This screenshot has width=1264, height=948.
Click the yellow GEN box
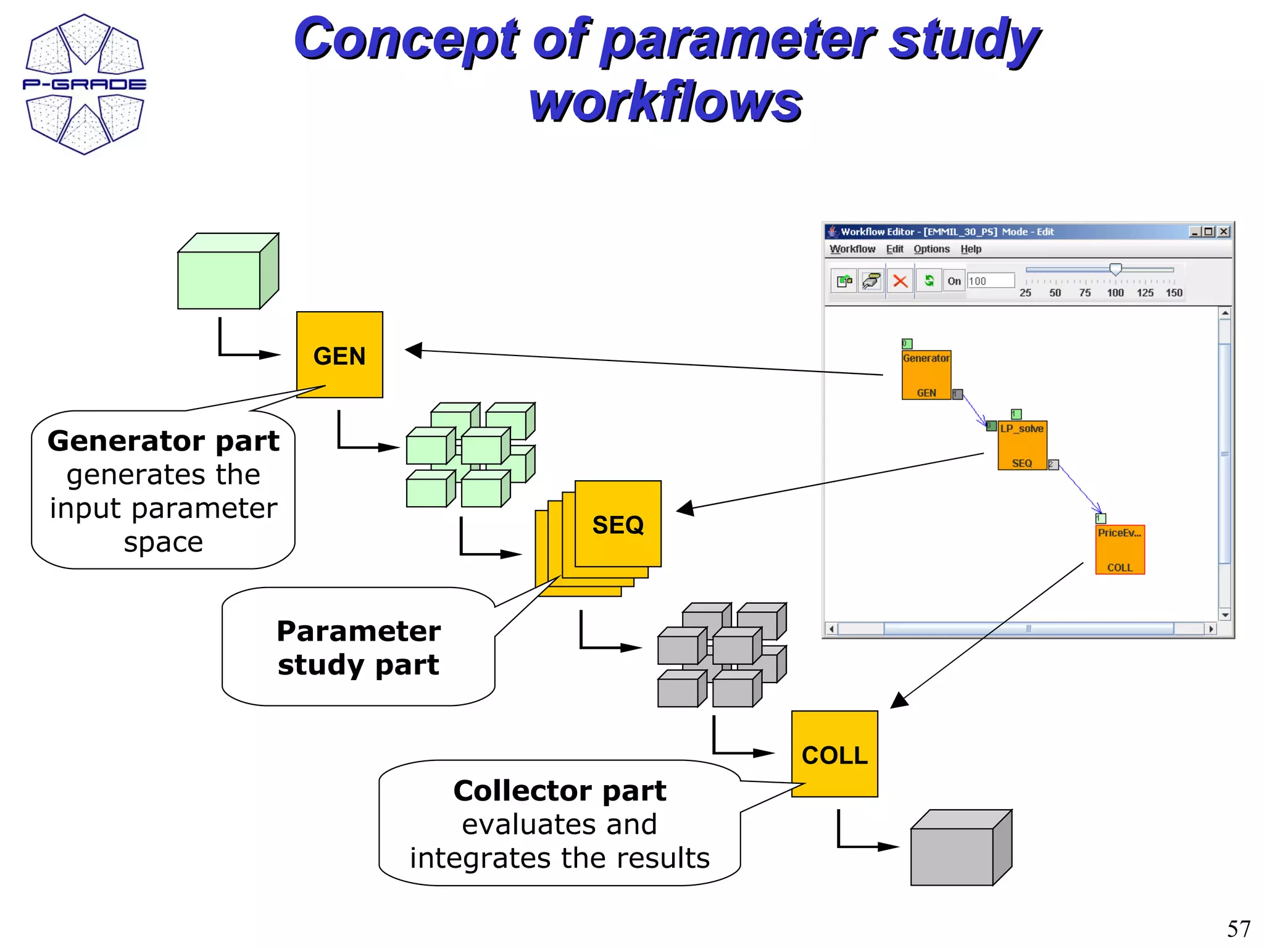[x=339, y=355]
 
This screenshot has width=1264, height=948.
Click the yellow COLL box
[x=834, y=754]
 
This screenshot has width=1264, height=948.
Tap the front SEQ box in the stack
[x=618, y=524]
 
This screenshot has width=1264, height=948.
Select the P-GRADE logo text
[x=85, y=84]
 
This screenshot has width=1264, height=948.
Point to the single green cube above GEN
[x=227, y=272]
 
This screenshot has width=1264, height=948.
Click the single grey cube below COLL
[x=960, y=848]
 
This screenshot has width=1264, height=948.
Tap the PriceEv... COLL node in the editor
[x=1120, y=550]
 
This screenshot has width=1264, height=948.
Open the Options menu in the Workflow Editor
[x=931, y=249]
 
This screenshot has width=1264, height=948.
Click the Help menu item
[x=970, y=249]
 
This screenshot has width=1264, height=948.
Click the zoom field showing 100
[x=990, y=281]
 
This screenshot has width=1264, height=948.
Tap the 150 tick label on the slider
[x=1174, y=293]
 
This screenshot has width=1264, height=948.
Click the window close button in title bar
[x=1224, y=231]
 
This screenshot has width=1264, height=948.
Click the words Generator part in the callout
[x=164, y=441]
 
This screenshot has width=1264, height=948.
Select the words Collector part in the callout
[x=559, y=791]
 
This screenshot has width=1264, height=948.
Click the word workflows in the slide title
[x=665, y=102]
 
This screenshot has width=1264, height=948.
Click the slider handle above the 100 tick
[x=1115, y=269]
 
